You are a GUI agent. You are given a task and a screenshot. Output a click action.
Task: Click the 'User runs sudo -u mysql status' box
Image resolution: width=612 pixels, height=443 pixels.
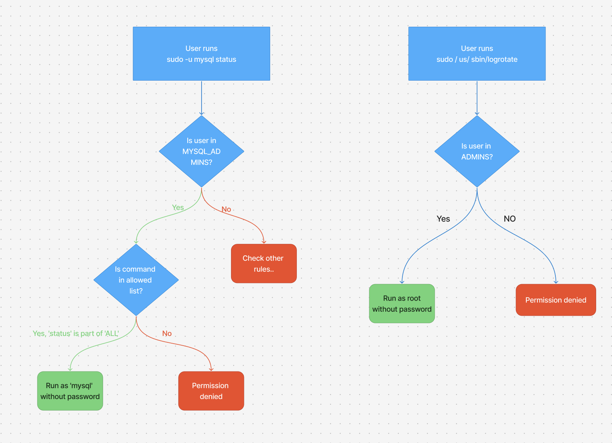tap(201, 54)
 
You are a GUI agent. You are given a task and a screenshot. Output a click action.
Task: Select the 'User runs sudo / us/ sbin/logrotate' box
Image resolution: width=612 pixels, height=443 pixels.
tap(477, 54)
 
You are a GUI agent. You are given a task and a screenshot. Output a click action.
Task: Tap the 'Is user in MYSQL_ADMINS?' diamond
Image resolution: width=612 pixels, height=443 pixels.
tap(201, 151)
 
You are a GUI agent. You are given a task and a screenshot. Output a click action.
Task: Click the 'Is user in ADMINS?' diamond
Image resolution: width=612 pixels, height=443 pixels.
tap(477, 151)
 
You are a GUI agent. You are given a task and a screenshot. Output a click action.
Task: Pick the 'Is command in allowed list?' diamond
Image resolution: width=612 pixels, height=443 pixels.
tap(136, 280)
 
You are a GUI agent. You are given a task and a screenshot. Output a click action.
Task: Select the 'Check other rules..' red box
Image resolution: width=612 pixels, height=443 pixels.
tap(264, 263)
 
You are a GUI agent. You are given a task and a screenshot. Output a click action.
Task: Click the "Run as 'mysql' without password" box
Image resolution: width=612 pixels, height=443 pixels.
tap(70, 391)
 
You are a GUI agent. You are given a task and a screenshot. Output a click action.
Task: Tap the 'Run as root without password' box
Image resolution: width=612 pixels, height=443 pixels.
tap(402, 303)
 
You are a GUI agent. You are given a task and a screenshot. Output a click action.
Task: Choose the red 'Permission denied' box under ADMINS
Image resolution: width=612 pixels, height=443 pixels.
tap(555, 300)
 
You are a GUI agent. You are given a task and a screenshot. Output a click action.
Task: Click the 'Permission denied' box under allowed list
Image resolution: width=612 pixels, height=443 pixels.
tap(211, 391)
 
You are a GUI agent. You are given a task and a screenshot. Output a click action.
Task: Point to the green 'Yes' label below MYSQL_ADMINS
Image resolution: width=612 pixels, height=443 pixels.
tap(178, 208)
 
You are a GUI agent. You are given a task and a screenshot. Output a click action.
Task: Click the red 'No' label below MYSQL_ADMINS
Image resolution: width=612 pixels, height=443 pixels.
tap(226, 209)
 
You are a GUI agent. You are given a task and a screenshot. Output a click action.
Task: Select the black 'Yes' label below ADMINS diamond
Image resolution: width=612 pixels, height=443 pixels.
tap(443, 219)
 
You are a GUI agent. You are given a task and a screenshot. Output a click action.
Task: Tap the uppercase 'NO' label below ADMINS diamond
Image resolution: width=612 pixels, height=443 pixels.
tap(510, 219)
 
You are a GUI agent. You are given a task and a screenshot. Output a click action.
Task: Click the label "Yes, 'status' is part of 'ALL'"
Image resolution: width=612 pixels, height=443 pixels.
tap(76, 333)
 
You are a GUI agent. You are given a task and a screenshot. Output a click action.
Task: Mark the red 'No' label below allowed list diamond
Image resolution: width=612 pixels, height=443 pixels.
tap(167, 333)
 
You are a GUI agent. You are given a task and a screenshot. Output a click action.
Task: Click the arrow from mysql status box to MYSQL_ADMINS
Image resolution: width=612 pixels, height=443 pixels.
tap(202, 98)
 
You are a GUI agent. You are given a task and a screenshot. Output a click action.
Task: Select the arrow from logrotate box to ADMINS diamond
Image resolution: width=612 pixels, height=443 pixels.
tap(477, 98)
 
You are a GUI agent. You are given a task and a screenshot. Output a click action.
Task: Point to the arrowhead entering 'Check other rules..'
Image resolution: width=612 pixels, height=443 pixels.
tap(264, 241)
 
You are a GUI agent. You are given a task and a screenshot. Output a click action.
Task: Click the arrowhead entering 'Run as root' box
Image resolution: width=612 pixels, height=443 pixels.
tap(402, 282)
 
